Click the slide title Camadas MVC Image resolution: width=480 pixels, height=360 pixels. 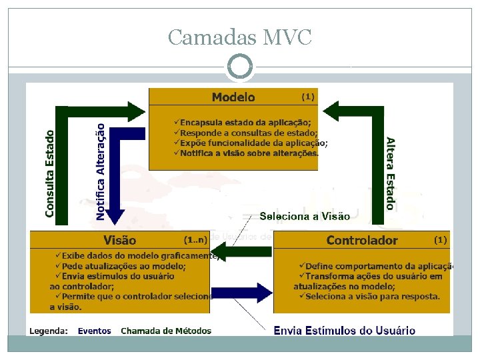[239, 37]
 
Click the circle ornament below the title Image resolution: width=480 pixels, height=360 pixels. [240, 67]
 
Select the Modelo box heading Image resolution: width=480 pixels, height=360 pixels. [233, 97]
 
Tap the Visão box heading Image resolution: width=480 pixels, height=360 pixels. [120, 240]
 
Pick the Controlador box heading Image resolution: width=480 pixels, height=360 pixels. [362, 240]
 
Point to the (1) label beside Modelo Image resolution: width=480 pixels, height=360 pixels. [307, 97]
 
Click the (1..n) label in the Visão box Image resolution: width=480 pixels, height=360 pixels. [195, 239]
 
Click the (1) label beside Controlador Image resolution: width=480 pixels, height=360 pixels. [441, 239]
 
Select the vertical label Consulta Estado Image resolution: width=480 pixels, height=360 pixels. [50, 172]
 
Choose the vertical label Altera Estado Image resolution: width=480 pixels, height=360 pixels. [390, 173]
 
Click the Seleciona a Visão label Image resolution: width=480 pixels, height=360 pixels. [304, 216]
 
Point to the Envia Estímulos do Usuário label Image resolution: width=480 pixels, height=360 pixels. [344, 331]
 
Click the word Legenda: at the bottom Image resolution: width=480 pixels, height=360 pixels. [47, 331]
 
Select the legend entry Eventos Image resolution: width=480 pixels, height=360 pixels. [95, 331]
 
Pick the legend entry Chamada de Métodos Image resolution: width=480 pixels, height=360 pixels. [166, 331]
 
